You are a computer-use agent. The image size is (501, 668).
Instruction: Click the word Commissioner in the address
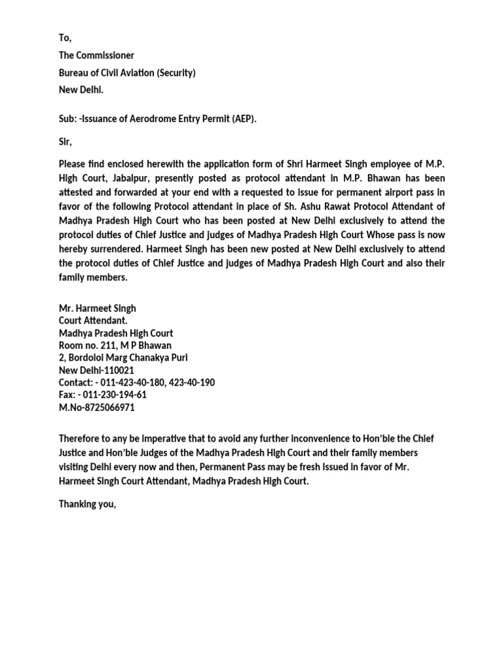106,55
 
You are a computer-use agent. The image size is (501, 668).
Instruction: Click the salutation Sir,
65,141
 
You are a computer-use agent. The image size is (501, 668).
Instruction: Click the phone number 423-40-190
191,382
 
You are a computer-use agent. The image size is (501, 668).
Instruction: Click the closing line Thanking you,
87,503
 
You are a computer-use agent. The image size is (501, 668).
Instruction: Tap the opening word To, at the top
65,38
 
